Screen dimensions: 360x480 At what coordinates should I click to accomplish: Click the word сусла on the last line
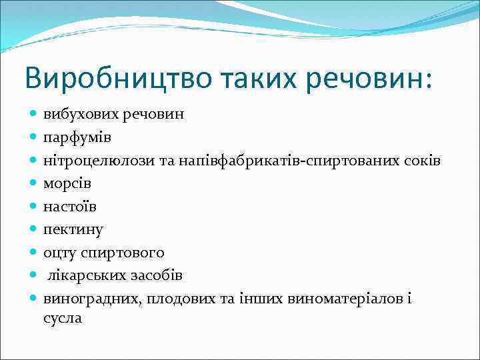(63, 318)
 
